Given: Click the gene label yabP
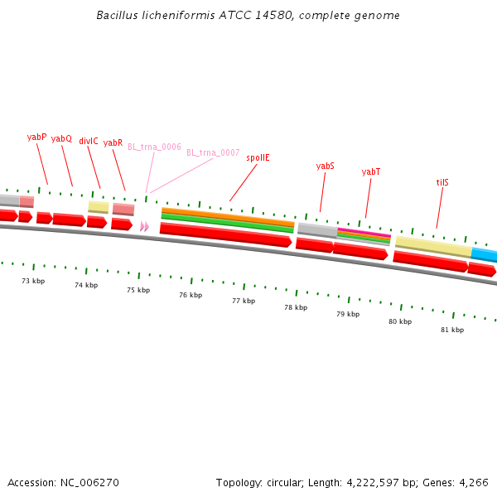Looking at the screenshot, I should coord(36,137).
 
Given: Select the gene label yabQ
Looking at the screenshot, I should coord(61,139).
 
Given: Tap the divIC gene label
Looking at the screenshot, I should coord(89,141).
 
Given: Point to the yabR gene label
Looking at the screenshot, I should coord(113,142).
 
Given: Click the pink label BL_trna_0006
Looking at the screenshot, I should coord(154,147).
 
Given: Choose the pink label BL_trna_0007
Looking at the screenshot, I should coord(213,152).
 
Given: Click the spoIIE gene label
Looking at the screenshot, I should coord(258,157).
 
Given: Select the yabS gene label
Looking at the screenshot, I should coord(326,166).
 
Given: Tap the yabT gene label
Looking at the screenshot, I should coord(371,171).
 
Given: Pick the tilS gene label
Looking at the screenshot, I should coord(443,182).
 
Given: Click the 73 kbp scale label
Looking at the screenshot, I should coord(33,281).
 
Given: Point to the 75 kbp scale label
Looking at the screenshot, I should coord(138,290).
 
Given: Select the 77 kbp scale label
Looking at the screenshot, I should coord(244,301).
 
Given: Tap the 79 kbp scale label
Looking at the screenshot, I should coord(348,314).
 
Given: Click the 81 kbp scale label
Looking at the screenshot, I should coord(452,329).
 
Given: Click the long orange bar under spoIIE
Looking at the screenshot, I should coord(228,215).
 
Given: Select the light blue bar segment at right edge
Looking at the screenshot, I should coord(485,253).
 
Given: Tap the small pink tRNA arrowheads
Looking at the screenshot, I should coord(145,226).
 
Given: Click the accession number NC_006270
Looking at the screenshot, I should coord(89,482).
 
